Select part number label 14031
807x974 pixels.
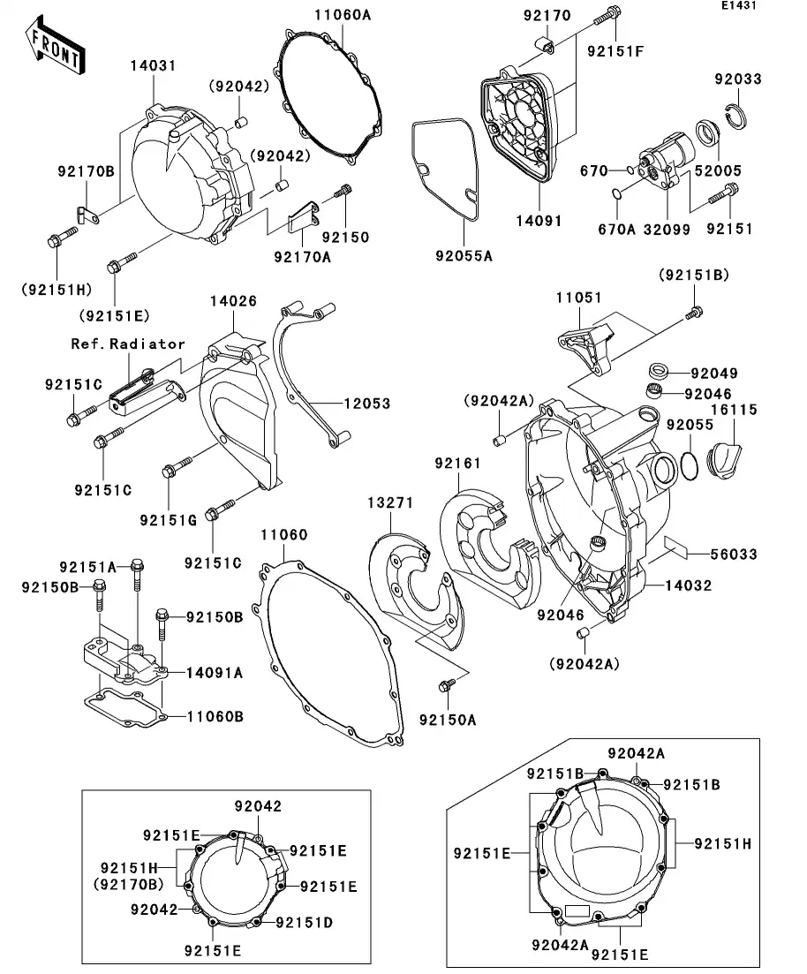click(x=154, y=65)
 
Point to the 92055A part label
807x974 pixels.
click(x=463, y=256)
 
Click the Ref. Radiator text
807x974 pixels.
click(x=128, y=344)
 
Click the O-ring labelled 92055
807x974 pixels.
click(x=691, y=464)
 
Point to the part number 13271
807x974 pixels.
click(x=390, y=502)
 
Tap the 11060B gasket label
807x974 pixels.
click(x=215, y=716)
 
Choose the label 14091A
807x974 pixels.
click(x=215, y=672)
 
